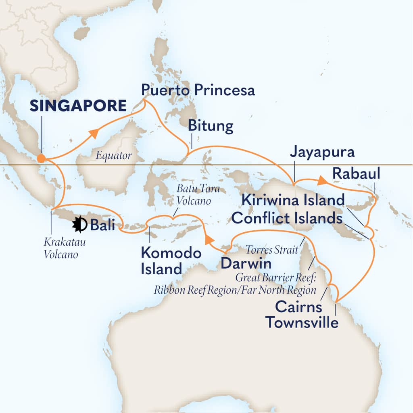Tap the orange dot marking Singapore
coord(41,159)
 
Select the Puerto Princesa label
coord(198,90)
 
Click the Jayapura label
coord(322,152)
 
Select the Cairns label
coord(298,307)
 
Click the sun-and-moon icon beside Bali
coord(80,225)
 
